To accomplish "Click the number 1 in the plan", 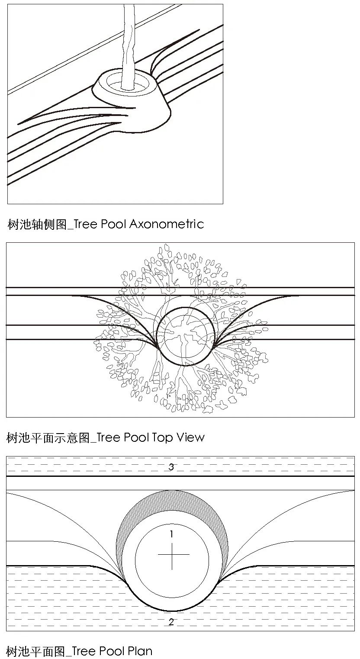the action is [172, 534].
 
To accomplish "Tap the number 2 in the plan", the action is [171, 622].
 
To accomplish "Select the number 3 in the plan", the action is [171, 466].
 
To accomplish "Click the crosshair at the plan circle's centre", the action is [172, 555].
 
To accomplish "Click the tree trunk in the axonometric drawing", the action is [128, 47].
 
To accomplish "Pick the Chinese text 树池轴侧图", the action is [37, 224].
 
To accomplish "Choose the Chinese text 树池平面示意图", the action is [48, 437].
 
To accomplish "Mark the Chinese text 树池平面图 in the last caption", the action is [36, 651].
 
